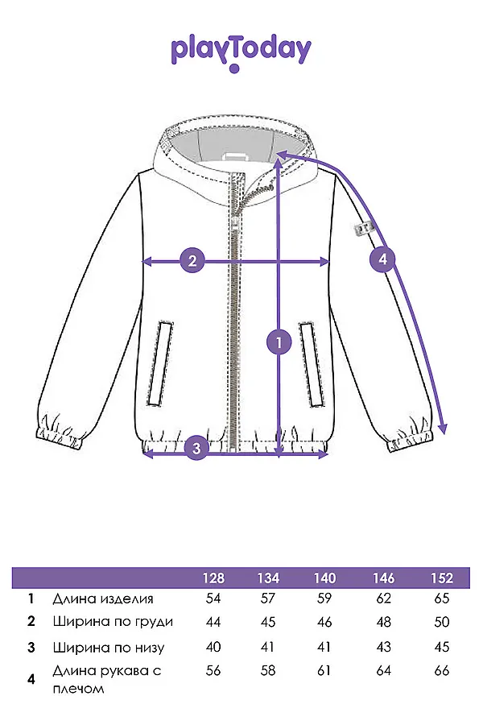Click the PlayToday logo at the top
241,54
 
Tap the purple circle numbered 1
279,342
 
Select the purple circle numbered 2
192,261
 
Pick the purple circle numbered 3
196,448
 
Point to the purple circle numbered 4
382,259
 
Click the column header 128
213,578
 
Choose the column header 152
442,578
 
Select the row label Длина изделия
102,599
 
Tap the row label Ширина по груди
113,622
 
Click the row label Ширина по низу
109,648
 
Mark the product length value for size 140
324,599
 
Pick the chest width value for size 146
384,622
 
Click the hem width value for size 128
213,647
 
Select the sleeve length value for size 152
442,670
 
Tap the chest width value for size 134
267,622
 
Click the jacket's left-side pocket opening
160,363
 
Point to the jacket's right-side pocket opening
311,364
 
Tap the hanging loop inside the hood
236,155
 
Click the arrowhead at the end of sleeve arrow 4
443,429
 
